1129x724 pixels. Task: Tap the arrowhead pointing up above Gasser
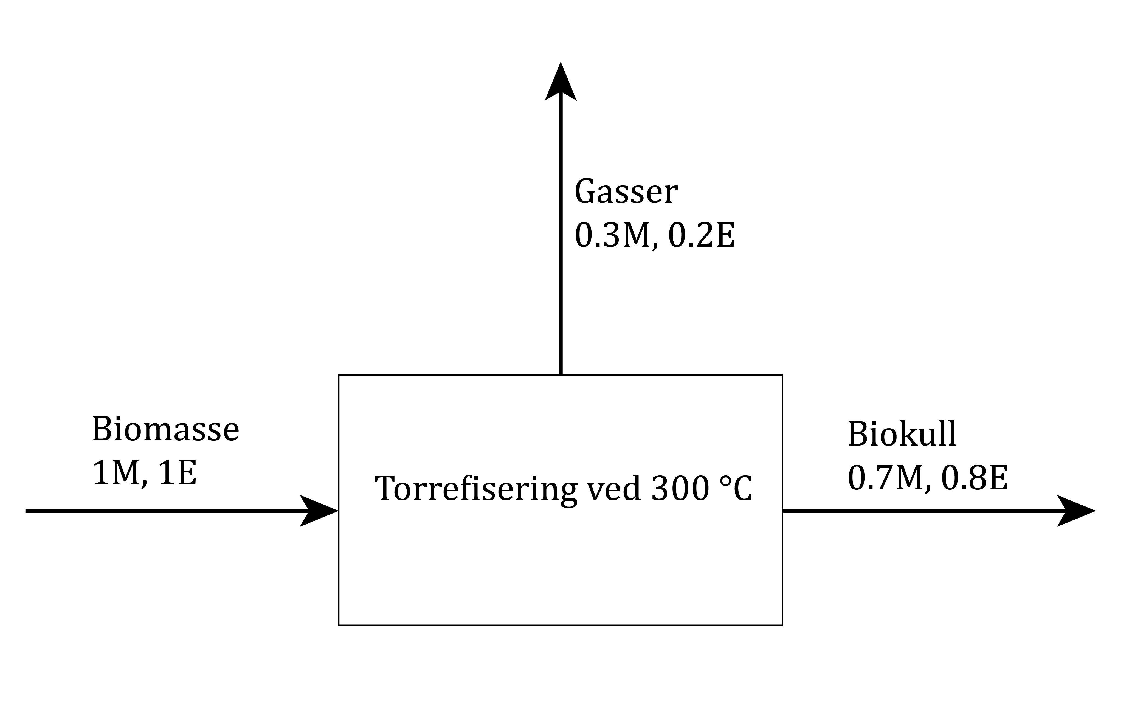point(560,84)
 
